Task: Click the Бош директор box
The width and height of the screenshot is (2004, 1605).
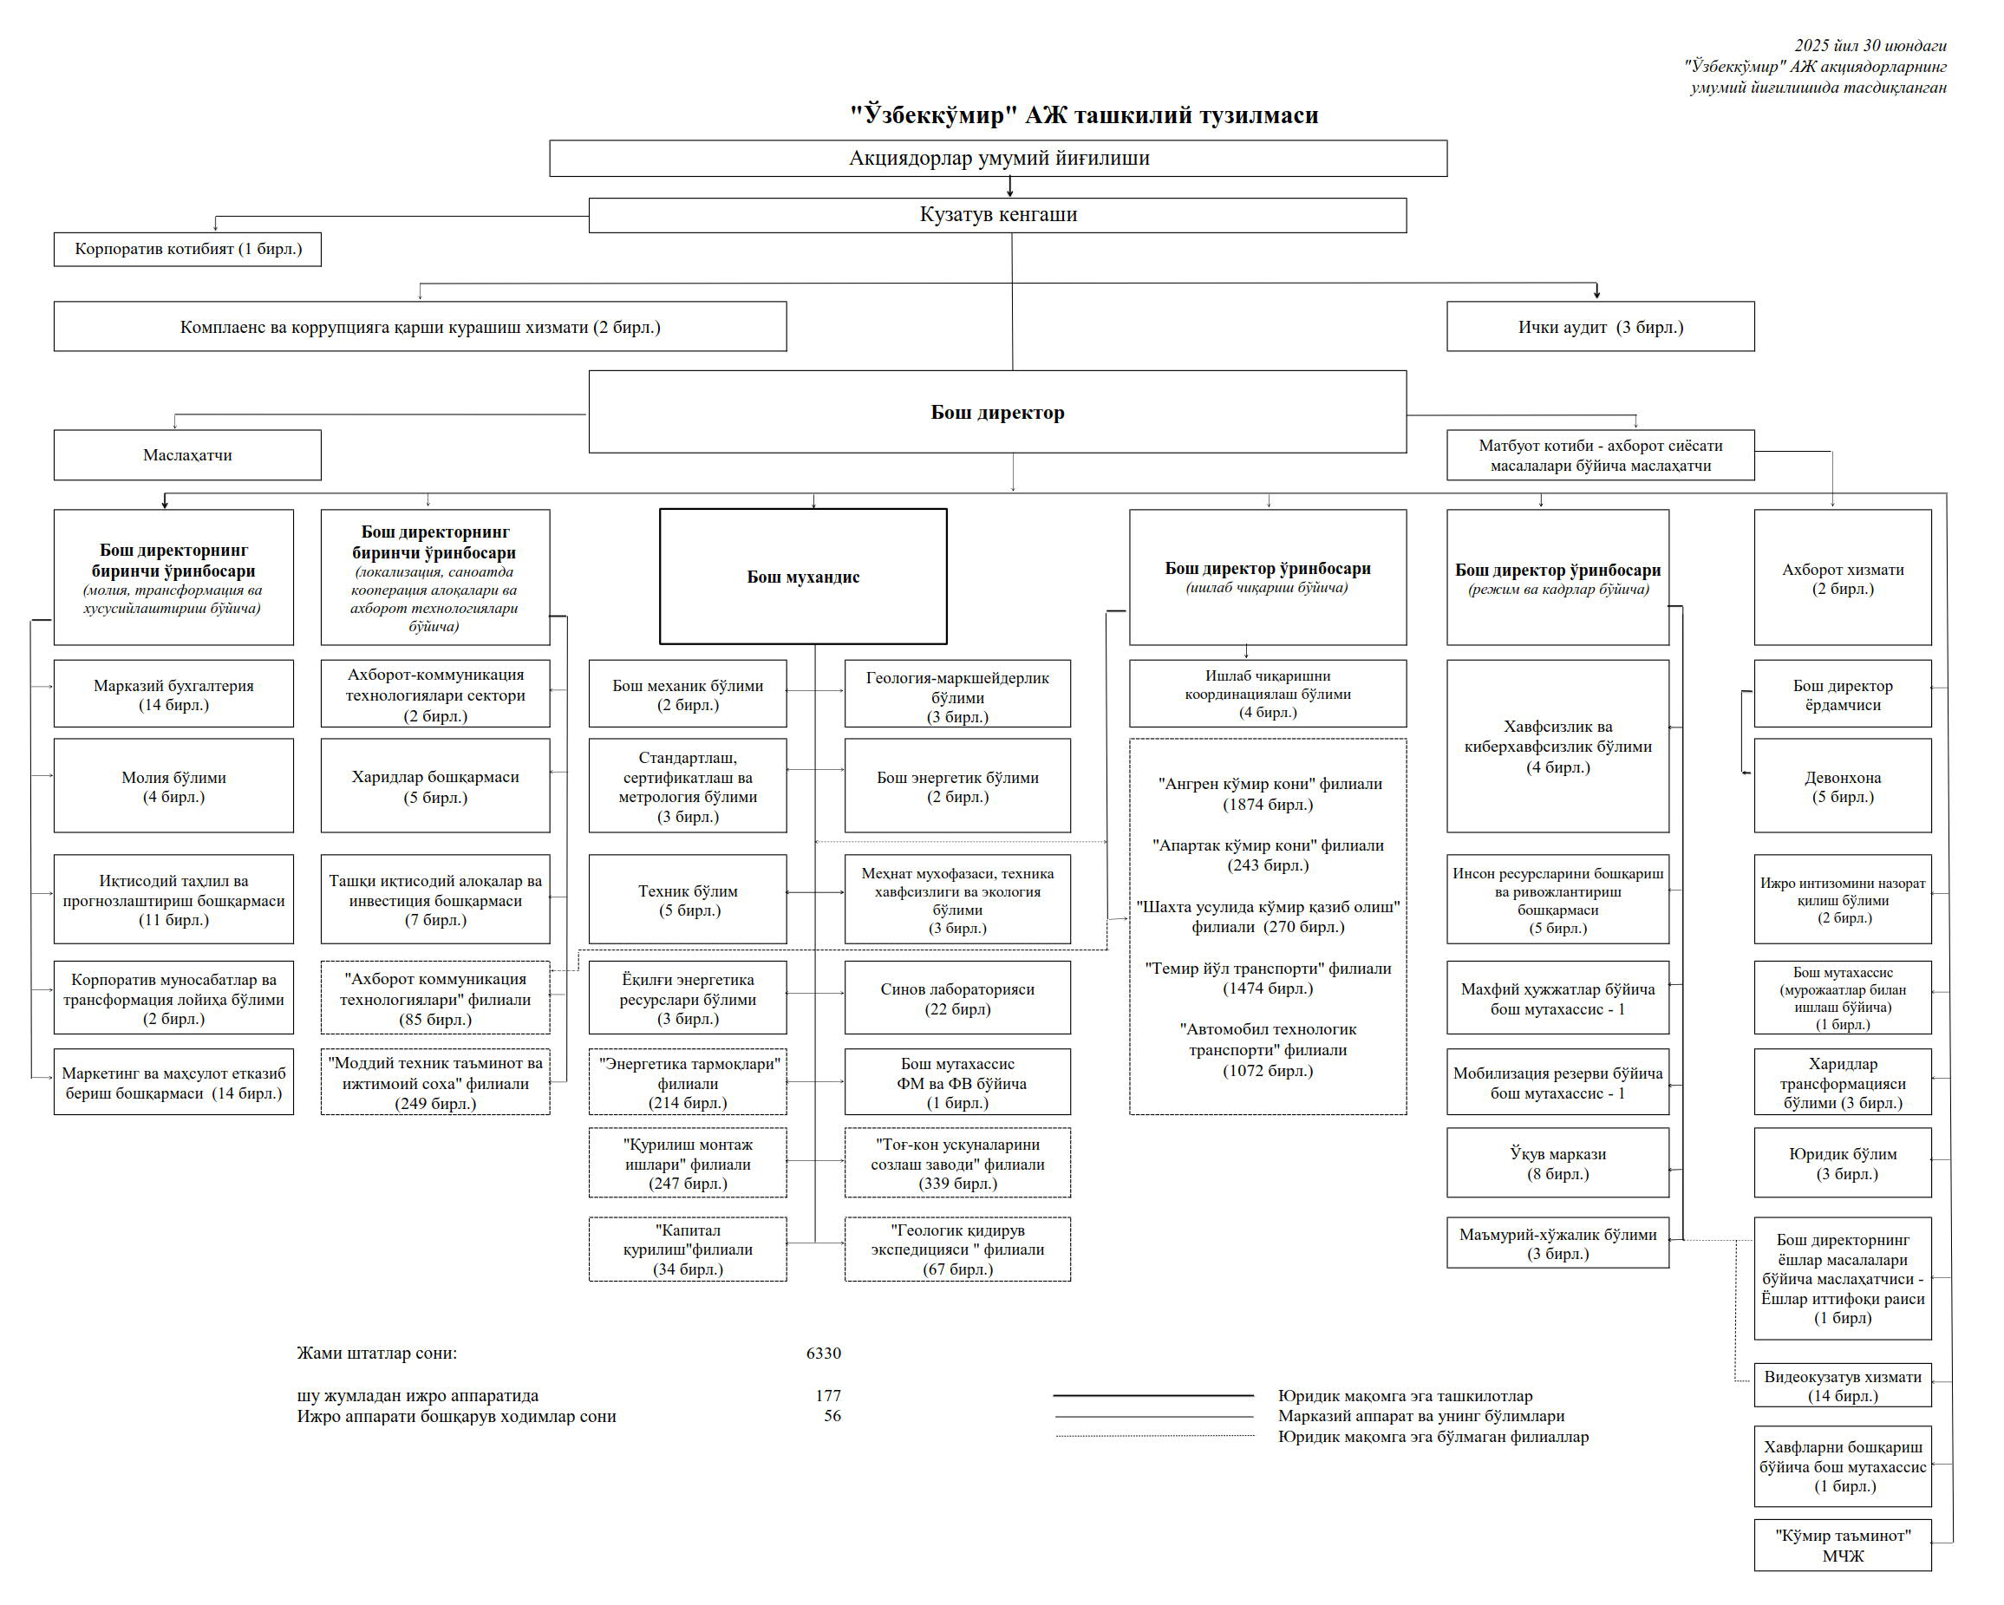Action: pyautogui.click(x=996, y=412)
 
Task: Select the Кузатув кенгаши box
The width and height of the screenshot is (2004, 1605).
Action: pyautogui.click(x=996, y=215)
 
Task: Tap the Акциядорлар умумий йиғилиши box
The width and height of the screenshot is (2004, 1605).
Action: pyautogui.click(x=997, y=158)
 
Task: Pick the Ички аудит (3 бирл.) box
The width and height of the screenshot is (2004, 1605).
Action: pyautogui.click(x=1600, y=326)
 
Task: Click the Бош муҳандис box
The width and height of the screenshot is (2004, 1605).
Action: pyautogui.click(x=803, y=577)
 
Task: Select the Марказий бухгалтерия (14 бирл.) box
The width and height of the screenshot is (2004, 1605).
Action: pyautogui.click(x=173, y=695)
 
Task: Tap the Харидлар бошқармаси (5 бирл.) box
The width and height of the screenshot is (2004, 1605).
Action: pyautogui.click(x=435, y=786)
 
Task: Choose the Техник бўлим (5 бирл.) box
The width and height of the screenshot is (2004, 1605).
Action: pyautogui.click(x=687, y=900)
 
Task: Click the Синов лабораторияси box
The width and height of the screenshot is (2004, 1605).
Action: pyautogui.click(x=956, y=998)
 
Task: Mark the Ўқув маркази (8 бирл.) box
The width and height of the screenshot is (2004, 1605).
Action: pyautogui.click(x=1557, y=1163)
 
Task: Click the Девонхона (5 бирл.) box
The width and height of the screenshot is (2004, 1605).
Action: pyautogui.click(x=1841, y=786)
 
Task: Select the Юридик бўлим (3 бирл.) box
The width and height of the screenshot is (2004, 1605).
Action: pyautogui.click(x=1841, y=1163)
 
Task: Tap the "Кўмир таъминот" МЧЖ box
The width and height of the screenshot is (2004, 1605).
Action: pyautogui.click(x=1841, y=1544)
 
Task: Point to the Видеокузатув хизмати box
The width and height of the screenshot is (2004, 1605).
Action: pyautogui.click(x=1841, y=1386)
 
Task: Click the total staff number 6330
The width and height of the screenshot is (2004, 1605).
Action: pyautogui.click(x=823, y=1354)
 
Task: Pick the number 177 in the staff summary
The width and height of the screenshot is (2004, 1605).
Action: pyautogui.click(x=827, y=1395)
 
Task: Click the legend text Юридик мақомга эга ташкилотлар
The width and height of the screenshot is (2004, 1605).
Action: pyautogui.click(x=1405, y=1395)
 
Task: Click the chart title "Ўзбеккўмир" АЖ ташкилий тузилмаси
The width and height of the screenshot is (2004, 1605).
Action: pyautogui.click(x=1084, y=115)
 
